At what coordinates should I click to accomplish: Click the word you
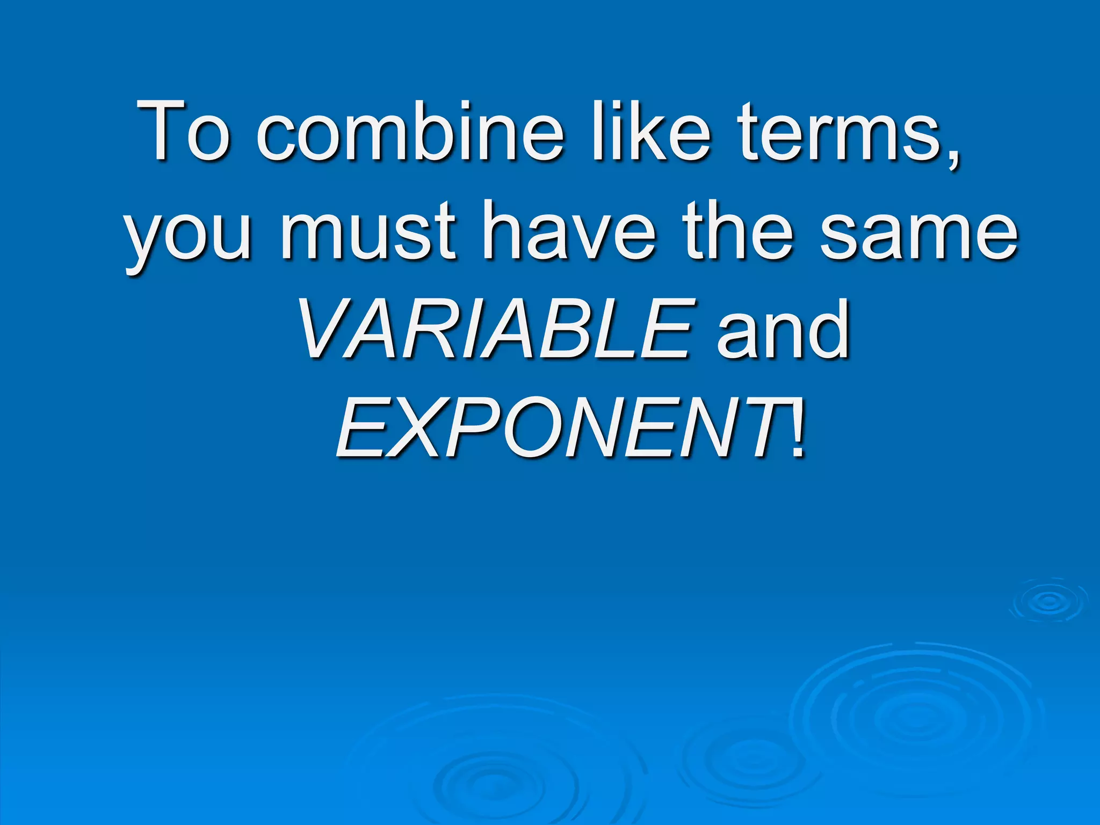click(188, 234)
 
